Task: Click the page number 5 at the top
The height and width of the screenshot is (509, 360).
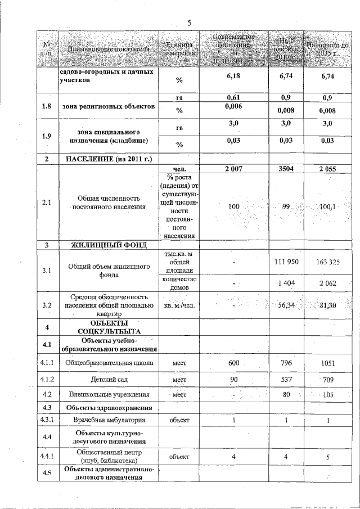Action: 190,23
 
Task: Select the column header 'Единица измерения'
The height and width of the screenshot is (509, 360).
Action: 179,49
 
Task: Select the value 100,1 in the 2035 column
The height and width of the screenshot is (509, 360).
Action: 327,207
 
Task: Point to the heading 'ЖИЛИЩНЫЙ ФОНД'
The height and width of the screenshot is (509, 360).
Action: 108,245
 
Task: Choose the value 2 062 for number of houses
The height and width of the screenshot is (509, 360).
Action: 327,283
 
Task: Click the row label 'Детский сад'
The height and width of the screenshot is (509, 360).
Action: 108,379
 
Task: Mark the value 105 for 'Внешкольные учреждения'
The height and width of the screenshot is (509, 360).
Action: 327,395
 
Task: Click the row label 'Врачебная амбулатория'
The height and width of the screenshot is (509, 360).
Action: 108,420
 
